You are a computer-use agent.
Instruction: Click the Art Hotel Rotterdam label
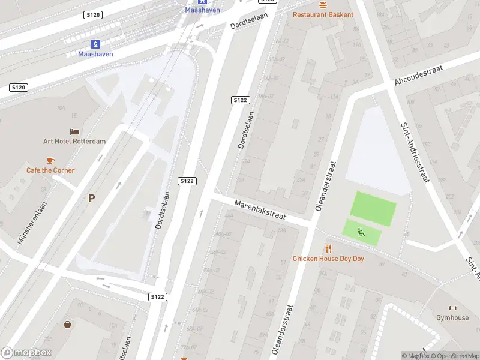pos(74,142)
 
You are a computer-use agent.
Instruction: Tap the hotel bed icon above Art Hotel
pos(74,131)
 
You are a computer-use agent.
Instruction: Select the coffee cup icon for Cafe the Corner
pos(50,160)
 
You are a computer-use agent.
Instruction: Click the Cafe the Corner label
pos(50,170)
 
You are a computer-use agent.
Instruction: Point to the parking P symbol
pos(91,198)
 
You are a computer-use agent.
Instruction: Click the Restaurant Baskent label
pos(323,14)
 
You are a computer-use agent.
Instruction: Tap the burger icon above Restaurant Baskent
pos(323,4)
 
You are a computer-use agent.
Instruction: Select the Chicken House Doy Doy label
pos(328,259)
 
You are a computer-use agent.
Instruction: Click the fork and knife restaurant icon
pos(328,248)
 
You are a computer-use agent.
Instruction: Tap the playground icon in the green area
pos(361,232)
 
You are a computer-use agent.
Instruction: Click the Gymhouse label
pos(452,317)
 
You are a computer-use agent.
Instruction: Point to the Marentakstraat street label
pos(260,209)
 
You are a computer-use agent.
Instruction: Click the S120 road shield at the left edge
pos(19,88)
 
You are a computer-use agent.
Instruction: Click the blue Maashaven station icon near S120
pos(95,44)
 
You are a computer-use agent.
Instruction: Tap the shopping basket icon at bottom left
pos(68,325)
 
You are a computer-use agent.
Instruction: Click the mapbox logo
pos(26,353)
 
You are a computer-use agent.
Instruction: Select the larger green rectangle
pos(373,208)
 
